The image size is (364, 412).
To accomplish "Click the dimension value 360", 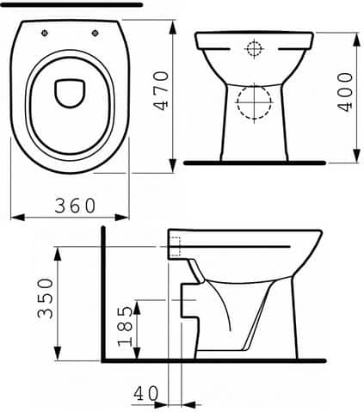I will click(x=75, y=206).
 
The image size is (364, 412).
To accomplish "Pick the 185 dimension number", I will click(x=126, y=329).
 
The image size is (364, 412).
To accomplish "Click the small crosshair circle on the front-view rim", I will click(x=254, y=48).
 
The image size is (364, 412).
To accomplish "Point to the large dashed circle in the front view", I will click(x=254, y=103).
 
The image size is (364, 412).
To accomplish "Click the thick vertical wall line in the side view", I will click(x=102, y=292).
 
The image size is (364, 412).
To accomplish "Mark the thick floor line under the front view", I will click(x=254, y=162).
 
